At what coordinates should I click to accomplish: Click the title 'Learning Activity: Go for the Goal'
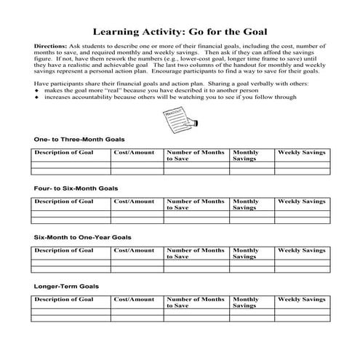pos(180,32)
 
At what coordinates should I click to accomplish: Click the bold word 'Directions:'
pos(50,46)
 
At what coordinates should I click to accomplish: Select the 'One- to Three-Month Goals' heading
pos(79,138)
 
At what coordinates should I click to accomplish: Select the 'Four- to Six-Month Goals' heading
pos(76,188)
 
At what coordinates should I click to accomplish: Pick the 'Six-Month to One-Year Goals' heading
pos(82,237)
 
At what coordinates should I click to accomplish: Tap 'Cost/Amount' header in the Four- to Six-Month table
pos(134,201)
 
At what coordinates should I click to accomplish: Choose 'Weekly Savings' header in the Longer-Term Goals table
pos(302,299)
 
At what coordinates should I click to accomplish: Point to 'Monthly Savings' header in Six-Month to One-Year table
pos(246,253)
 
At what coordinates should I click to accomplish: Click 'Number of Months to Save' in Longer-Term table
pos(195,302)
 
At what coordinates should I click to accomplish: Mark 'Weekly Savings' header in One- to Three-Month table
pos(302,151)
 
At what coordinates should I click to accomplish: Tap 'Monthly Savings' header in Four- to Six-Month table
pos(246,204)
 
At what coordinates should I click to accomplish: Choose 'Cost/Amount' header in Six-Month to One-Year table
pos(134,250)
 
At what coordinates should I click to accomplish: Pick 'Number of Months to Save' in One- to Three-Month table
pos(195,154)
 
